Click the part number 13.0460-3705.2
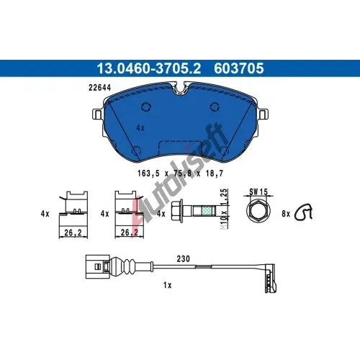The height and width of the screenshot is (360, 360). click(x=148, y=68)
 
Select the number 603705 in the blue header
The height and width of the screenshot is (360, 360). click(x=239, y=68)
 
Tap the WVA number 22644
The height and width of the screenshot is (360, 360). click(x=99, y=88)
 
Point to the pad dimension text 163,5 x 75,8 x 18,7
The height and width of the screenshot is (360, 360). click(x=180, y=174)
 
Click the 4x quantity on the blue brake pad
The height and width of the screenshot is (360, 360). click(x=140, y=128)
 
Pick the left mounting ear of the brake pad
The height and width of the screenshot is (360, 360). click(x=98, y=114)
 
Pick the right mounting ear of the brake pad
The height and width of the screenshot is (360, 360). click(x=263, y=114)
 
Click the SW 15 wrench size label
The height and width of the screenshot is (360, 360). click(x=258, y=192)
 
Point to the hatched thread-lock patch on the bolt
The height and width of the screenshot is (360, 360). click(x=207, y=211)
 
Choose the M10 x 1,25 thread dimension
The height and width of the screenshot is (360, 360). click(x=224, y=209)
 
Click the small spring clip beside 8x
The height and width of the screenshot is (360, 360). click(x=303, y=212)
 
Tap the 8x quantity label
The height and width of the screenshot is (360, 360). click(x=286, y=214)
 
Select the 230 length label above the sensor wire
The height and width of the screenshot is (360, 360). click(x=183, y=258)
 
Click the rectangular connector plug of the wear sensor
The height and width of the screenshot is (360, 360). click(x=97, y=266)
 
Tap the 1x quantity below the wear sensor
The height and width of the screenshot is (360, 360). click(x=168, y=285)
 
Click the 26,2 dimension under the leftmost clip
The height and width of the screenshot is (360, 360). click(x=73, y=233)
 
